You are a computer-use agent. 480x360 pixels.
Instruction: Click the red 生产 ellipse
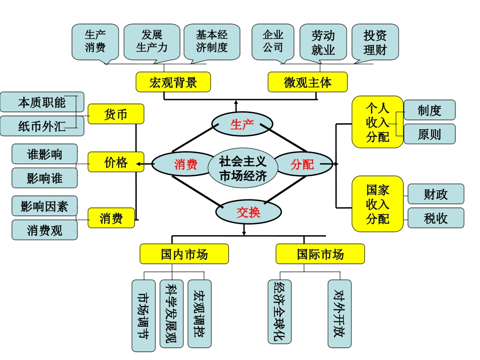(x=242, y=124)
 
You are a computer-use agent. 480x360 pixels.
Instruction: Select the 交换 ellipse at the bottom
(x=249, y=213)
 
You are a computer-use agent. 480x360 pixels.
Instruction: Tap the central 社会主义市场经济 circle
(x=243, y=169)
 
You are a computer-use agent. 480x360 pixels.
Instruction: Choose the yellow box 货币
(x=116, y=114)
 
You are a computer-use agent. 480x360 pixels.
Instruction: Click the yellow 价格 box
(x=116, y=162)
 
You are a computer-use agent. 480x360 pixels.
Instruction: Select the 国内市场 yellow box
(x=184, y=254)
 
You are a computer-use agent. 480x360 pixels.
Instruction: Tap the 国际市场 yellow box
(x=320, y=254)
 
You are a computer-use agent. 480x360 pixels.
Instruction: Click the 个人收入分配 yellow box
(x=377, y=122)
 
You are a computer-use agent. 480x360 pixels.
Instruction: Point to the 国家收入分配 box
(x=377, y=203)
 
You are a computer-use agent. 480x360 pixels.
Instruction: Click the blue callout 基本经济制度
(x=212, y=41)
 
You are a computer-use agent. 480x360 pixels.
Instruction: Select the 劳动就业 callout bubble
(x=323, y=42)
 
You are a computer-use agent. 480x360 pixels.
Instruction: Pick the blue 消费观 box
(x=44, y=230)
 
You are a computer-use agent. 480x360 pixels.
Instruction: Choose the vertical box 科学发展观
(x=171, y=313)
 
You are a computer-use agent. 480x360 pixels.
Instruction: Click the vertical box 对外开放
(x=339, y=313)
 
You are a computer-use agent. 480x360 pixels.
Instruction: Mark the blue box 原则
(x=429, y=134)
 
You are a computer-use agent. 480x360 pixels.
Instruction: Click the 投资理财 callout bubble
(x=375, y=42)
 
